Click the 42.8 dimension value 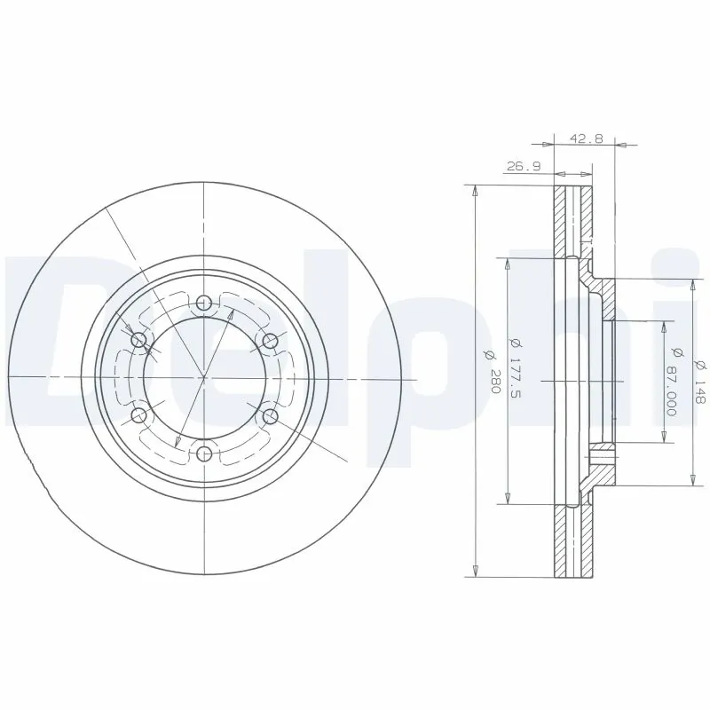coord(586,138)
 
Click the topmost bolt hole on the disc coord(204,303)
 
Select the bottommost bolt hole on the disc coord(204,454)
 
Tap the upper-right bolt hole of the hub coord(271,341)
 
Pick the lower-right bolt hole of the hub coord(271,416)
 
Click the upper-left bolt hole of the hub coord(138,341)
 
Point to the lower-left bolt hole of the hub coord(138,416)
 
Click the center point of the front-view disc coord(204,378)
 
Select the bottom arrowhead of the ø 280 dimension coord(476,568)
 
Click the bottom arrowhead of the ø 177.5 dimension coord(507,499)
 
